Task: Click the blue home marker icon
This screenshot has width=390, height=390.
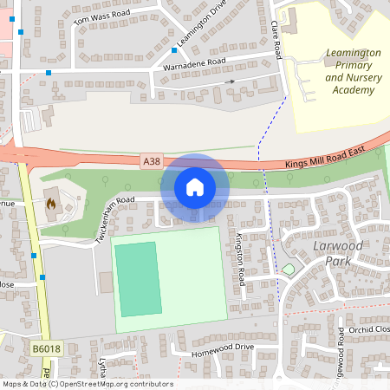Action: tap(195, 187)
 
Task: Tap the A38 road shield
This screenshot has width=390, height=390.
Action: tap(152, 160)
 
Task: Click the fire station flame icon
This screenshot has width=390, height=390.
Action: tap(50, 205)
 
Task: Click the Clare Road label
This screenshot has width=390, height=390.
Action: tap(276, 40)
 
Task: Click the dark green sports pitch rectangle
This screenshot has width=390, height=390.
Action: tap(137, 278)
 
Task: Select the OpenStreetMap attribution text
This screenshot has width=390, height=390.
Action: tap(87, 384)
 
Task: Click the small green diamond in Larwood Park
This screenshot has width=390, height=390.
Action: tap(288, 270)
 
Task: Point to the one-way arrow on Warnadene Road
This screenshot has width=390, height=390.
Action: tap(230, 81)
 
